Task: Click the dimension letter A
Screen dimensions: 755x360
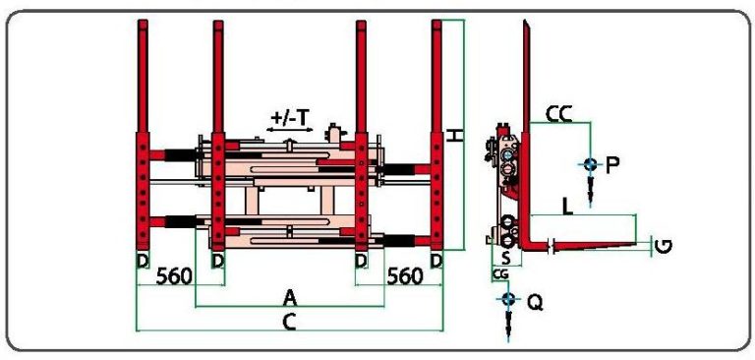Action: pos(289,298)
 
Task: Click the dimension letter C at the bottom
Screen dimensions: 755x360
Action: pos(289,323)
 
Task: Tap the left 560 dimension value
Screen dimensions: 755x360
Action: pos(174,276)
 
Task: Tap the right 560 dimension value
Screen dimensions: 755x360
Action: pos(405,276)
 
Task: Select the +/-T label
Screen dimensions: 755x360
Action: pos(289,118)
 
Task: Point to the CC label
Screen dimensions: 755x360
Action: pos(558,115)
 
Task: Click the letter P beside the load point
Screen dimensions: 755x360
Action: pos(612,165)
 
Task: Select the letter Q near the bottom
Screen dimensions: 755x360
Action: pos(535,303)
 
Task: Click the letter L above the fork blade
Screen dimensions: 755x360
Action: pos(568,207)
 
